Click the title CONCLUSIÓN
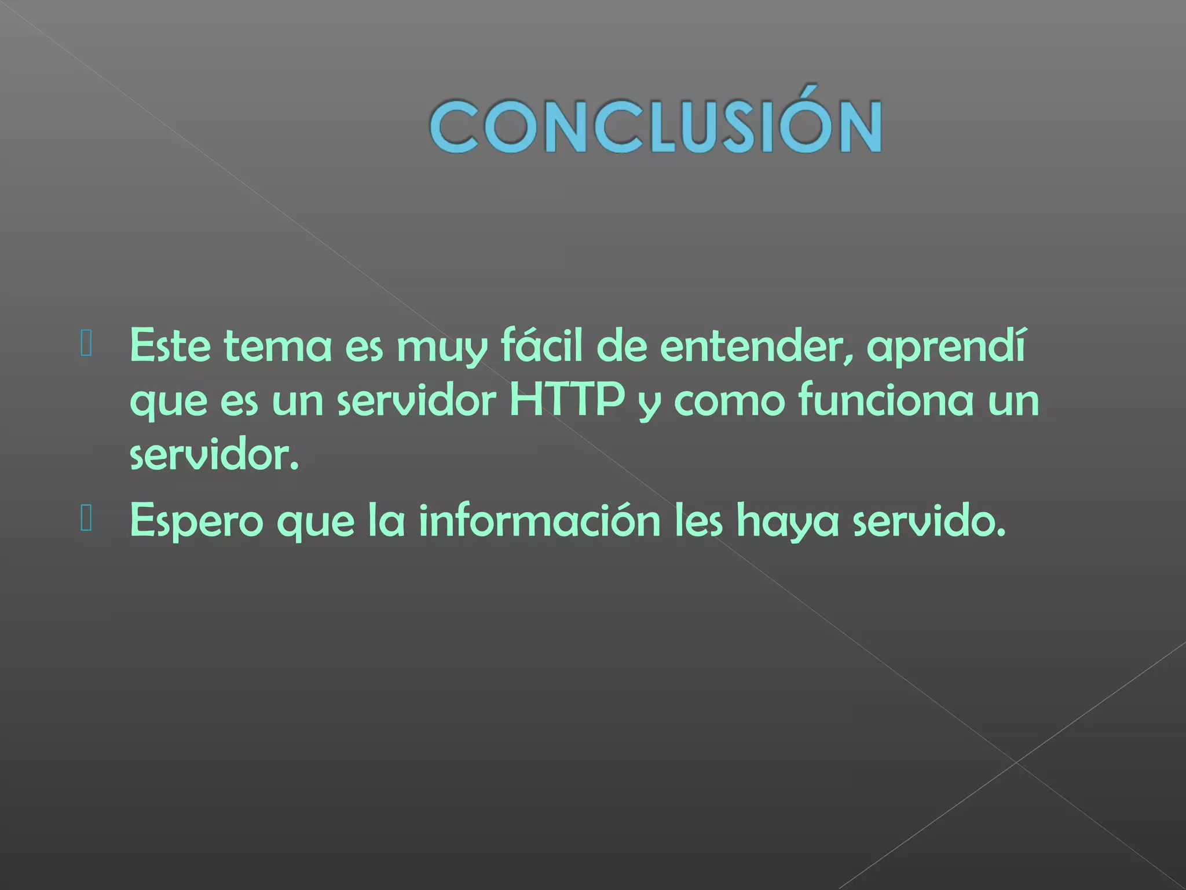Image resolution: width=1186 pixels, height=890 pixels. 656,126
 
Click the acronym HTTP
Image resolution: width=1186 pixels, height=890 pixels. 567,400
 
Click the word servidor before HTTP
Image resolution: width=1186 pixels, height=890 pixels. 416,400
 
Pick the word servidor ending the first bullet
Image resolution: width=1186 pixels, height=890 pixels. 214,455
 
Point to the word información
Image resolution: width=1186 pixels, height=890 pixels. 539,520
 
